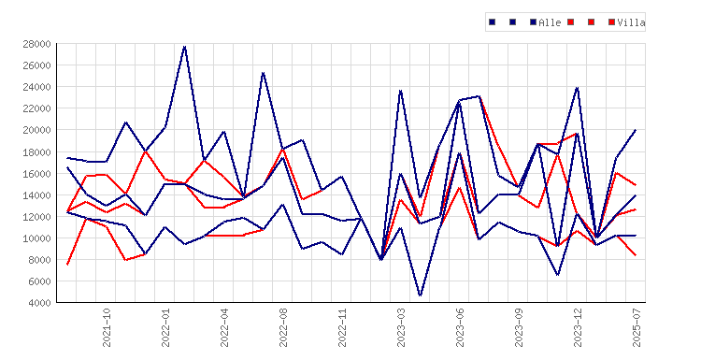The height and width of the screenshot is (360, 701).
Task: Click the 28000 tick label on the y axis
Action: pos(36,44)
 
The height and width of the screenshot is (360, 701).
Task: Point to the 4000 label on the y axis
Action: pos(39,303)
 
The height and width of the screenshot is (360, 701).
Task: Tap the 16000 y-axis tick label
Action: pos(36,174)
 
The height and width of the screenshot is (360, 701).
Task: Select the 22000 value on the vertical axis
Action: pos(36,108)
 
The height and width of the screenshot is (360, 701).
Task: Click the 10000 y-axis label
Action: pos(36,238)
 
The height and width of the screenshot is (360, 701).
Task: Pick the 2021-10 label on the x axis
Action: pos(107,327)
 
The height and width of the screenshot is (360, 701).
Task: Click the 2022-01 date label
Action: pos(165,327)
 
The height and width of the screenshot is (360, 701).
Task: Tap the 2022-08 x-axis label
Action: pos(283,327)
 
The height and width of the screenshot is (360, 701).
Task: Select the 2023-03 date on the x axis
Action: pos(401,327)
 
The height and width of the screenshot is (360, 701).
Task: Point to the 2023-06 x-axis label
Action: pos(460,327)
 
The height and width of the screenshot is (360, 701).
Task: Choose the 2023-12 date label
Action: pos(578,327)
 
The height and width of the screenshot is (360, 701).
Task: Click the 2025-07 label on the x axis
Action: pos(637,327)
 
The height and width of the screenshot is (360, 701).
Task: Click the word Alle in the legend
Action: pos(550,22)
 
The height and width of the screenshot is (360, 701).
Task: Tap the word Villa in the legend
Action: pos(631,22)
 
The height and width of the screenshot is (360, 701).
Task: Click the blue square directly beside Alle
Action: pos(533,22)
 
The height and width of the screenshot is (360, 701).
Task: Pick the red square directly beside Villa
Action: pos(611,22)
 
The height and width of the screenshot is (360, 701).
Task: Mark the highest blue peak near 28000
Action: pos(185,47)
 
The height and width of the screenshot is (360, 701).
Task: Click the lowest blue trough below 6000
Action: pos(421,295)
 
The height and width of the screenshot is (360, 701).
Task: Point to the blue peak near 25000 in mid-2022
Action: pos(264,73)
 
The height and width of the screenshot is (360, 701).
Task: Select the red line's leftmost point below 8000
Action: pos(67,265)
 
